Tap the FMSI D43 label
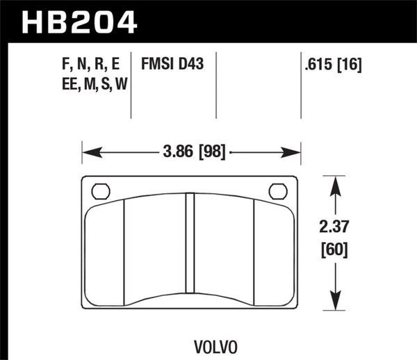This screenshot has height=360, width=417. point(172,64)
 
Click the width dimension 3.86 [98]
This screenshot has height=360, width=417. point(191,151)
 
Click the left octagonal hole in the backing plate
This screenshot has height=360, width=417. point(100,190)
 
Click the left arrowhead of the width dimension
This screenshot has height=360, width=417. point(88,151)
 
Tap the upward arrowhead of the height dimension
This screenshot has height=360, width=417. point(336,182)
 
